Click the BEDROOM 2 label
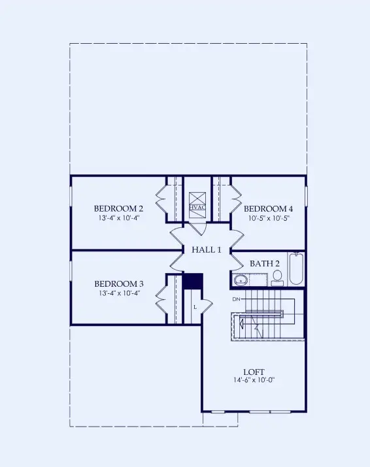coord(118,208)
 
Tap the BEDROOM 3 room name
coord(118,283)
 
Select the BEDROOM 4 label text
coord(267,208)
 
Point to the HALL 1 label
coord(207,250)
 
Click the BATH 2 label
coord(265,263)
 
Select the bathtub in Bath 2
coord(296,270)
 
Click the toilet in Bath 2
coord(277,278)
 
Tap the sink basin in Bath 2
coord(240,280)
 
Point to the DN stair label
coord(237,298)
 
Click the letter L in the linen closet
coord(195,306)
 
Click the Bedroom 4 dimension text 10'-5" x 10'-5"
coord(267,218)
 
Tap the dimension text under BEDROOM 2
coord(118,218)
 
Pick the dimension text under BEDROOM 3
coord(118,293)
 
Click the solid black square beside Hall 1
coord(193,280)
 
